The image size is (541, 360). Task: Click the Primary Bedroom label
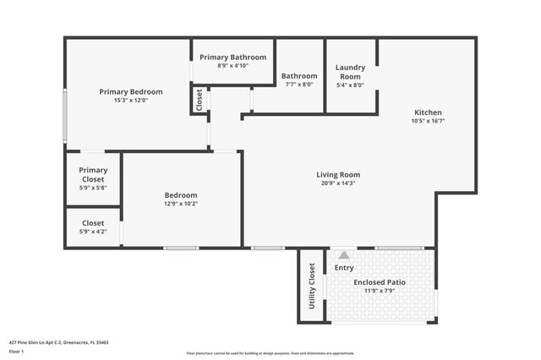131,91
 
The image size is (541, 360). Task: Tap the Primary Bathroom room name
232,57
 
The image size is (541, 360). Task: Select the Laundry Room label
350,72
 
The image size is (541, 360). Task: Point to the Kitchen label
428,112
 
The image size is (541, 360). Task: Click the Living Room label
338,174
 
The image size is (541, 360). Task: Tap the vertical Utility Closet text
312,286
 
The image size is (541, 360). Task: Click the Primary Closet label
93,174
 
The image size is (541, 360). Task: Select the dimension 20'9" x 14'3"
338,183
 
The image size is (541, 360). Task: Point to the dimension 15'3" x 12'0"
131,101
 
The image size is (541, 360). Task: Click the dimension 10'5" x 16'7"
428,121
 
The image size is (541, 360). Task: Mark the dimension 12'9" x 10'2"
181,203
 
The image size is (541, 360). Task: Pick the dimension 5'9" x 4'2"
93,232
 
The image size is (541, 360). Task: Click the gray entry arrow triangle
343,254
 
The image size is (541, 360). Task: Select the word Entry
344,268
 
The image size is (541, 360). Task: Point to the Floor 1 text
16,351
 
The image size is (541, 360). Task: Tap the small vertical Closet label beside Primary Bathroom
199,100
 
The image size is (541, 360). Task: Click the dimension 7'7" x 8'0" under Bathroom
299,85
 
